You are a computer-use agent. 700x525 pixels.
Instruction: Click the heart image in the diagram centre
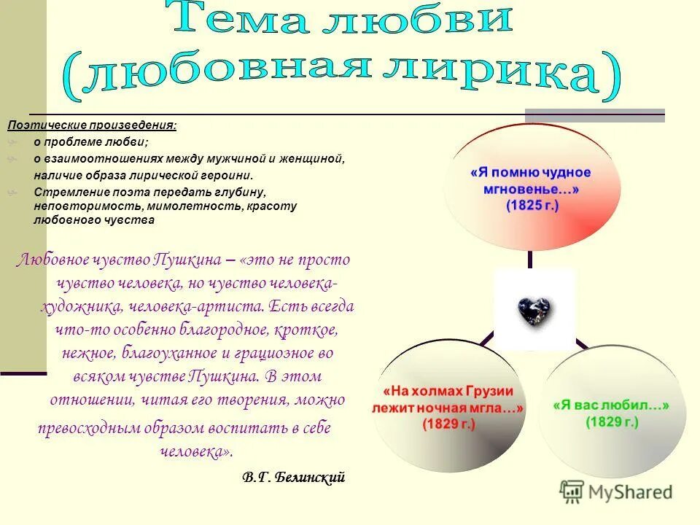[535, 310]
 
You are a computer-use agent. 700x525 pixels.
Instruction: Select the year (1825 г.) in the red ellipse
[532, 206]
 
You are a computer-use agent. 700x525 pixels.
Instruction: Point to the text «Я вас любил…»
[611, 405]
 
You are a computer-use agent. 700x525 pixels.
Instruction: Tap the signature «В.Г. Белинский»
[292, 478]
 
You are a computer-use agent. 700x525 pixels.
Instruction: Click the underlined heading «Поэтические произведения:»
[92, 125]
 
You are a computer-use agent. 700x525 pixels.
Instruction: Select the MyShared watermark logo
[616, 491]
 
